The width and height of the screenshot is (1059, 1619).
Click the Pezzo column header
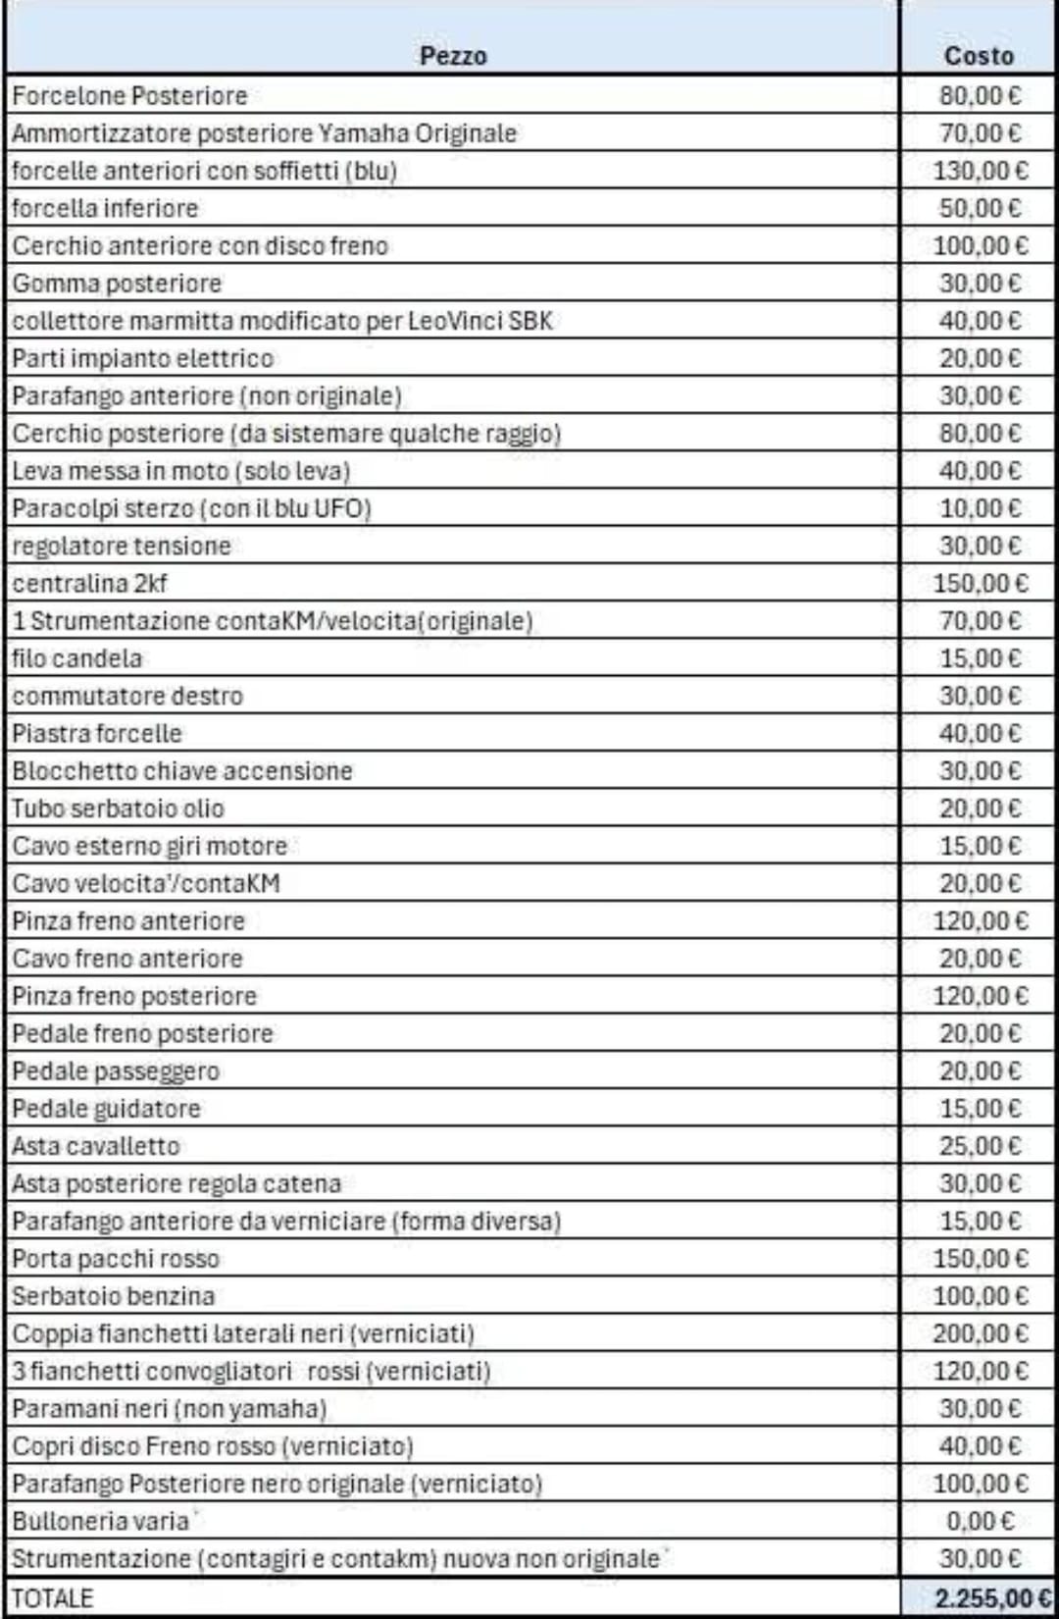click(x=452, y=56)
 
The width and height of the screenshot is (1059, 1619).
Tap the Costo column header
click(x=978, y=56)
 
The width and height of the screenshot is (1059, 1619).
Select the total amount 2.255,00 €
click(x=991, y=1598)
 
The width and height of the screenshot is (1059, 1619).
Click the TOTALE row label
click(x=53, y=1598)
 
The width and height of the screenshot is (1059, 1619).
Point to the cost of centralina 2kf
click(x=980, y=584)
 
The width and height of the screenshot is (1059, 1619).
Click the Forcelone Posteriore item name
click(x=129, y=96)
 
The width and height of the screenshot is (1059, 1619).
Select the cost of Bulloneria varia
click(x=980, y=1521)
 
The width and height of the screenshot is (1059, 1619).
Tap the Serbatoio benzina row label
click(x=113, y=1296)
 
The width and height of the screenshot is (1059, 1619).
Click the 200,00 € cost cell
click(x=980, y=1333)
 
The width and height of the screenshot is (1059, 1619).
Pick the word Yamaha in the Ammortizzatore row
click(x=363, y=133)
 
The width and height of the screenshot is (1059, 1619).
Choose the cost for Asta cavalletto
click(x=980, y=1146)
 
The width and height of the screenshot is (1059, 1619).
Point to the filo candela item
click(x=76, y=658)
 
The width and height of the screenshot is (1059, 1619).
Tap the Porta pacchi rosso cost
click(x=980, y=1259)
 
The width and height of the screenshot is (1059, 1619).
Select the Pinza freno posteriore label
click(x=134, y=996)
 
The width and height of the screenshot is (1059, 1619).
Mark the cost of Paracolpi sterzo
click(x=980, y=508)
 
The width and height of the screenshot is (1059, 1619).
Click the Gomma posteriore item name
click(x=117, y=284)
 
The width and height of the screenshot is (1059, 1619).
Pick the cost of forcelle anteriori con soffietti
click(x=980, y=171)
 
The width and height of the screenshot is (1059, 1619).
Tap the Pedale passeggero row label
click(x=116, y=1071)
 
